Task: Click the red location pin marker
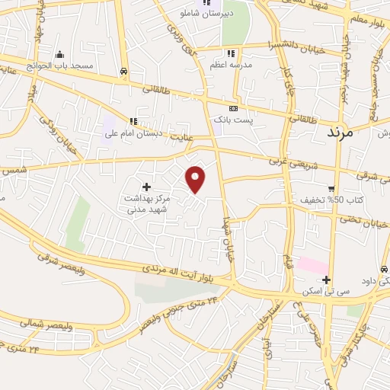pos(196,179)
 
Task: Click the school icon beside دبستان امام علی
pos(134,121)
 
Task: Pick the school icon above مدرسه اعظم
pos(231,53)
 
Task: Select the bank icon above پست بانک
pos(233,108)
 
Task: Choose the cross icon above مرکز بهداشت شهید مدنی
pos(146,186)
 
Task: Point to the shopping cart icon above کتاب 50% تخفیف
pos(331,188)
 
